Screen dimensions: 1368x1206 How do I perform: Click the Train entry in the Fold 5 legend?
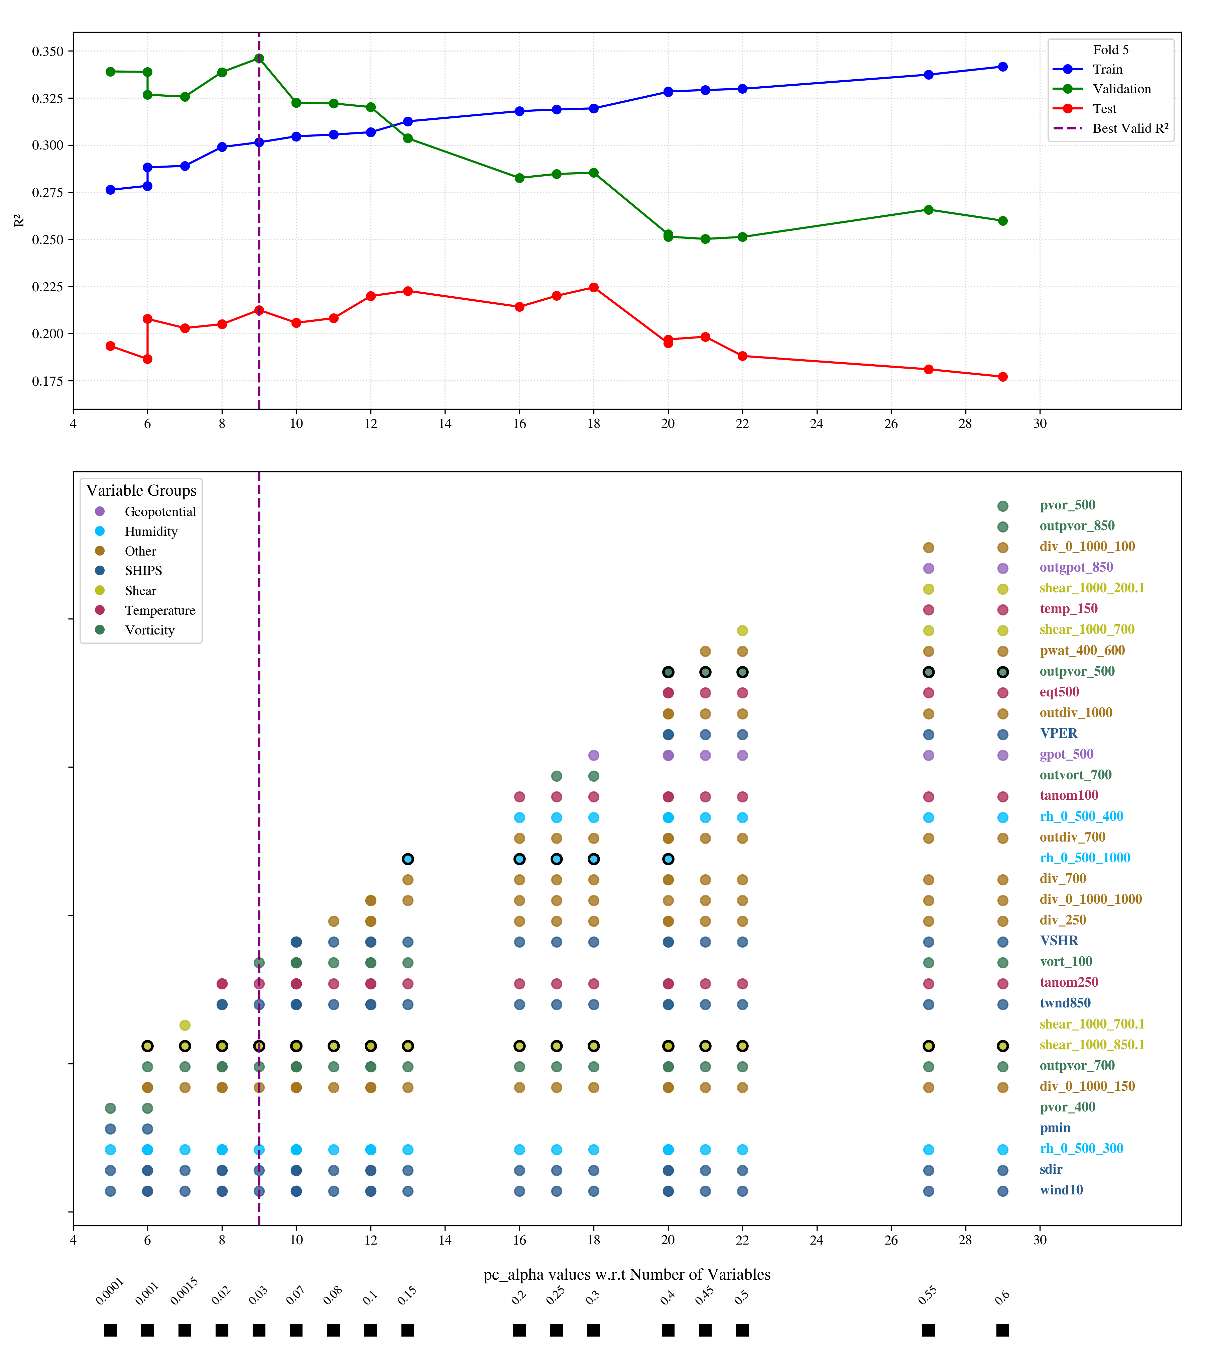[x=1107, y=69]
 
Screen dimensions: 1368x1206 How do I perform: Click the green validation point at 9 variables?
[x=259, y=58]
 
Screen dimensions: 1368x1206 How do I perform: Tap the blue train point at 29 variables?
[x=1002, y=67]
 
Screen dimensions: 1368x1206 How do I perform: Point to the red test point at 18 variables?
[x=593, y=288]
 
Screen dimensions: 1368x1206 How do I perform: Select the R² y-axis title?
[x=19, y=221]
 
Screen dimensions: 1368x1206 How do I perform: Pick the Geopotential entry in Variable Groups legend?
[x=160, y=511]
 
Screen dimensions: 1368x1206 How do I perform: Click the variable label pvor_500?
[x=1068, y=505]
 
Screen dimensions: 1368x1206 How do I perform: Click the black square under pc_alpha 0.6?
[x=1002, y=1330]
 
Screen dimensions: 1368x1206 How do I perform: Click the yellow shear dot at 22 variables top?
[x=742, y=630]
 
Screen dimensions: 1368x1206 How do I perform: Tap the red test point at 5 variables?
[x=110, y=346]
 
